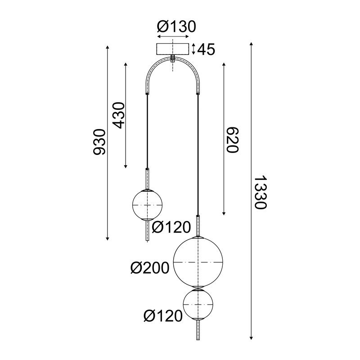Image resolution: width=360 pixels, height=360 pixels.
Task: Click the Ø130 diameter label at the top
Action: click(x=176, y=27)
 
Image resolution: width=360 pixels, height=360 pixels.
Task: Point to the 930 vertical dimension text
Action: click(x=99, y=142)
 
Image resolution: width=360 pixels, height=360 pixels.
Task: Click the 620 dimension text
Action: click(x=231, y=139)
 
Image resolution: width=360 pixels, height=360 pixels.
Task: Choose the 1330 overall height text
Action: click(x=261, y=192)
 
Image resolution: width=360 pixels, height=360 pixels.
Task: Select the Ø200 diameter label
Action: click(x=149, y=269)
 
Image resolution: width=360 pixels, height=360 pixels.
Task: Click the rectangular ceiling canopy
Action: click(x=173, y=49)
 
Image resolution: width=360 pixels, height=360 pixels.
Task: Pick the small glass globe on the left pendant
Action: click(x=146, y=204)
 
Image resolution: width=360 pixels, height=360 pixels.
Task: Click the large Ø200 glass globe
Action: click(x=198, y=262)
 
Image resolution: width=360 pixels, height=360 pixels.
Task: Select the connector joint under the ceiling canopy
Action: click(x=173, y=58)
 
